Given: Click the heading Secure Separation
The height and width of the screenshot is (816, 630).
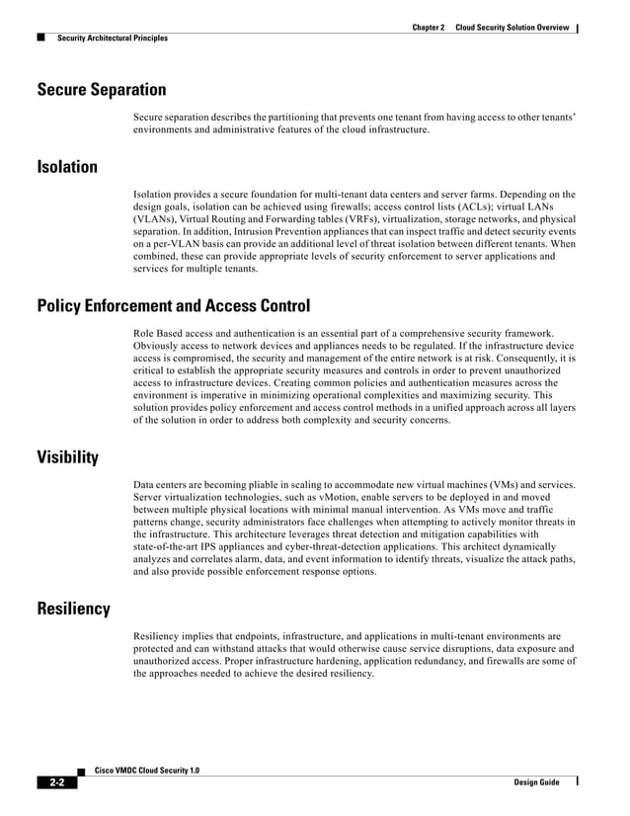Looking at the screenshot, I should click(x=101, y=91).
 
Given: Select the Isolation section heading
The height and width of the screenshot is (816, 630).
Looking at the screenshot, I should click(x=67, y=167).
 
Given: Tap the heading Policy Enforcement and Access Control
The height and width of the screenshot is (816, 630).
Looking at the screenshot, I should click(x=173, y=306).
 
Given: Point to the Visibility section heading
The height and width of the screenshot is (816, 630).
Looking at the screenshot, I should click(x=67, y=457).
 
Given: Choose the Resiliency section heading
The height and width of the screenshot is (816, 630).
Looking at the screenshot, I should click(x=73, y=609).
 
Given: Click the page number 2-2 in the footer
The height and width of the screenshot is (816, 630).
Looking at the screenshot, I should click(x=57, y=782).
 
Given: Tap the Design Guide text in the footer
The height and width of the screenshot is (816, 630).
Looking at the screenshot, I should click(x=536, y=782).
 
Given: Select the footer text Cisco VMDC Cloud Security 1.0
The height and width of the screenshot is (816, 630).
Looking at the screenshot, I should click(x=153, y=770).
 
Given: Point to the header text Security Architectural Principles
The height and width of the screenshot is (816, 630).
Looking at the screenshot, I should click(x=112, y=39).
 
